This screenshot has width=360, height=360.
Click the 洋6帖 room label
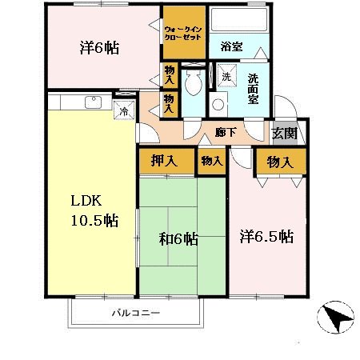pyautogui.click(x=100, y=47)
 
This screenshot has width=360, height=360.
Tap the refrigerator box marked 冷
pyautogui.click(x=124, y=111)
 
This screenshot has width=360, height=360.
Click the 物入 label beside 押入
pyautogui.click(x=211, y=160)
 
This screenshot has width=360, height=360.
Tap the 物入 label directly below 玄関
pyautogui.click(x=280, y=161)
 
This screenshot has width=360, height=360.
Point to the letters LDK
pyautogui.click(x=85, y=200)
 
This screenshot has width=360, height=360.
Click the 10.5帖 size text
pyautogui.click(x=90, y=219)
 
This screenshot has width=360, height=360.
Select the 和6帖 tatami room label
pyautogui.click(x=178, y=238)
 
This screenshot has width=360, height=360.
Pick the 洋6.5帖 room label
pyautogui.click(x=267, y=237)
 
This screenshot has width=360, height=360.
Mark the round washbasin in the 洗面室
pyautogui.click(x=217, y=105)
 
